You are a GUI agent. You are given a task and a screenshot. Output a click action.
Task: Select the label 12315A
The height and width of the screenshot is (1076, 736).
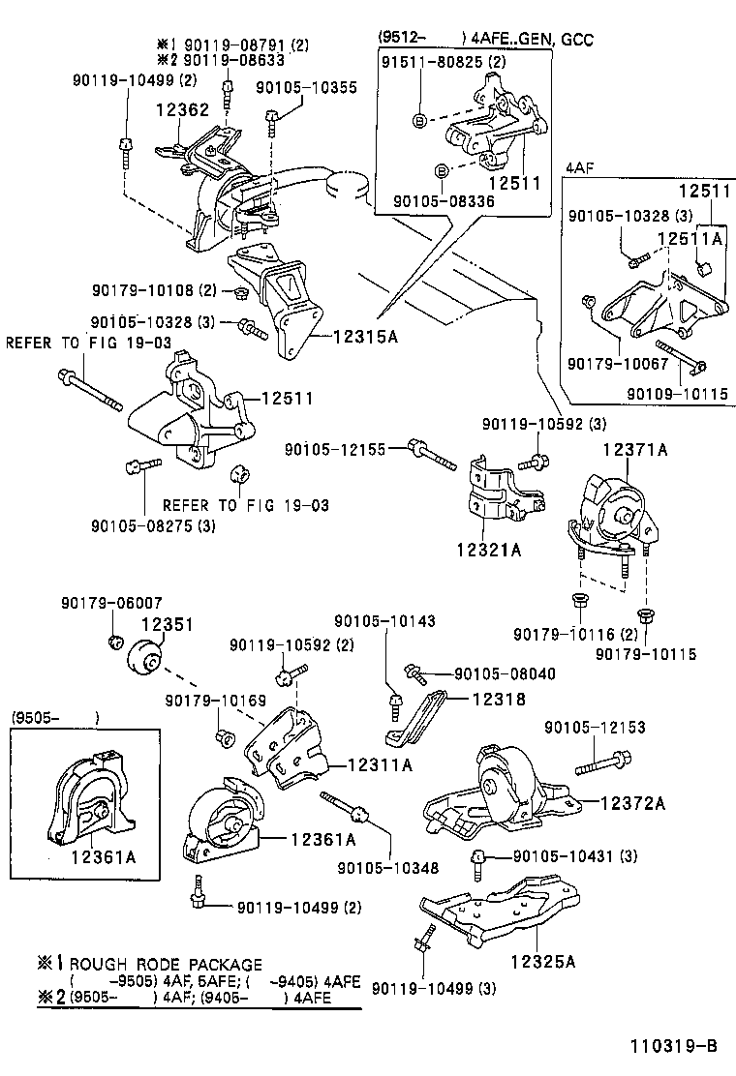coord(367,337)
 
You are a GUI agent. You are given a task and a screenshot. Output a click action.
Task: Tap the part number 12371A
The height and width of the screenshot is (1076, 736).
coord(635,450)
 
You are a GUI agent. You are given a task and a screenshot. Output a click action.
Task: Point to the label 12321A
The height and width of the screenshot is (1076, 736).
coord(489,550)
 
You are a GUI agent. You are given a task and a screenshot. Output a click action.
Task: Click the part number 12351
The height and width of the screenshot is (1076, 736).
coord(169,625)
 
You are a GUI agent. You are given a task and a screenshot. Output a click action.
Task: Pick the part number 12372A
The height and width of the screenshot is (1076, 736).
coord(632,802)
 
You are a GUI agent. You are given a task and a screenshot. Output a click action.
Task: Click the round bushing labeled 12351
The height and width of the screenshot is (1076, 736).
coord(147,660)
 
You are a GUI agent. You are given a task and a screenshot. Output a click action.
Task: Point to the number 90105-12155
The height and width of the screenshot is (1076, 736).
coord(335,449)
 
